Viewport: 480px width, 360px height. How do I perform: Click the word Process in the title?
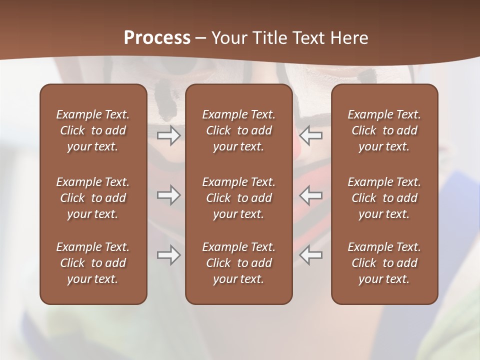(157, 38)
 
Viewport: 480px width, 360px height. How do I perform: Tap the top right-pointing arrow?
(169, 135)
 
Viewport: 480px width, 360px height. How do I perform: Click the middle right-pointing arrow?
(169, 195)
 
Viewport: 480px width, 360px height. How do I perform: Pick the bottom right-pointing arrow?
(169, 255)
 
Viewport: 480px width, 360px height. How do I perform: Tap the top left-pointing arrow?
(311, 135)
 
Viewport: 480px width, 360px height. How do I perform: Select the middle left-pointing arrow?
(311, 195)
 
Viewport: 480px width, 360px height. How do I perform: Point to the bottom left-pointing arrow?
(311, 255)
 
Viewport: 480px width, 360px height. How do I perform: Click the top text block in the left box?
(93, 130)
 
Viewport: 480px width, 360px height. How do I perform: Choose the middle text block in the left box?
(93, 198)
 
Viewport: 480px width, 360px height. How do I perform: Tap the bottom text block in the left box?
(93, 263)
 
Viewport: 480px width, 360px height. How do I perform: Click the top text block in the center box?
(239, 130)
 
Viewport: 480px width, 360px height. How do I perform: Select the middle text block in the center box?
(239, 198)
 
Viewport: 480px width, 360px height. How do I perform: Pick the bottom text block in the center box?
(239, 263)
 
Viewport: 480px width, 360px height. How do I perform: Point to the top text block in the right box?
(384, 130)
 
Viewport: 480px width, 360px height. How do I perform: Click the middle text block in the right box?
(384, 198)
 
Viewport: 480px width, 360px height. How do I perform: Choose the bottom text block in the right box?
(384, 263)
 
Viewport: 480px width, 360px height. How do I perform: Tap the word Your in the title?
(228, 38)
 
